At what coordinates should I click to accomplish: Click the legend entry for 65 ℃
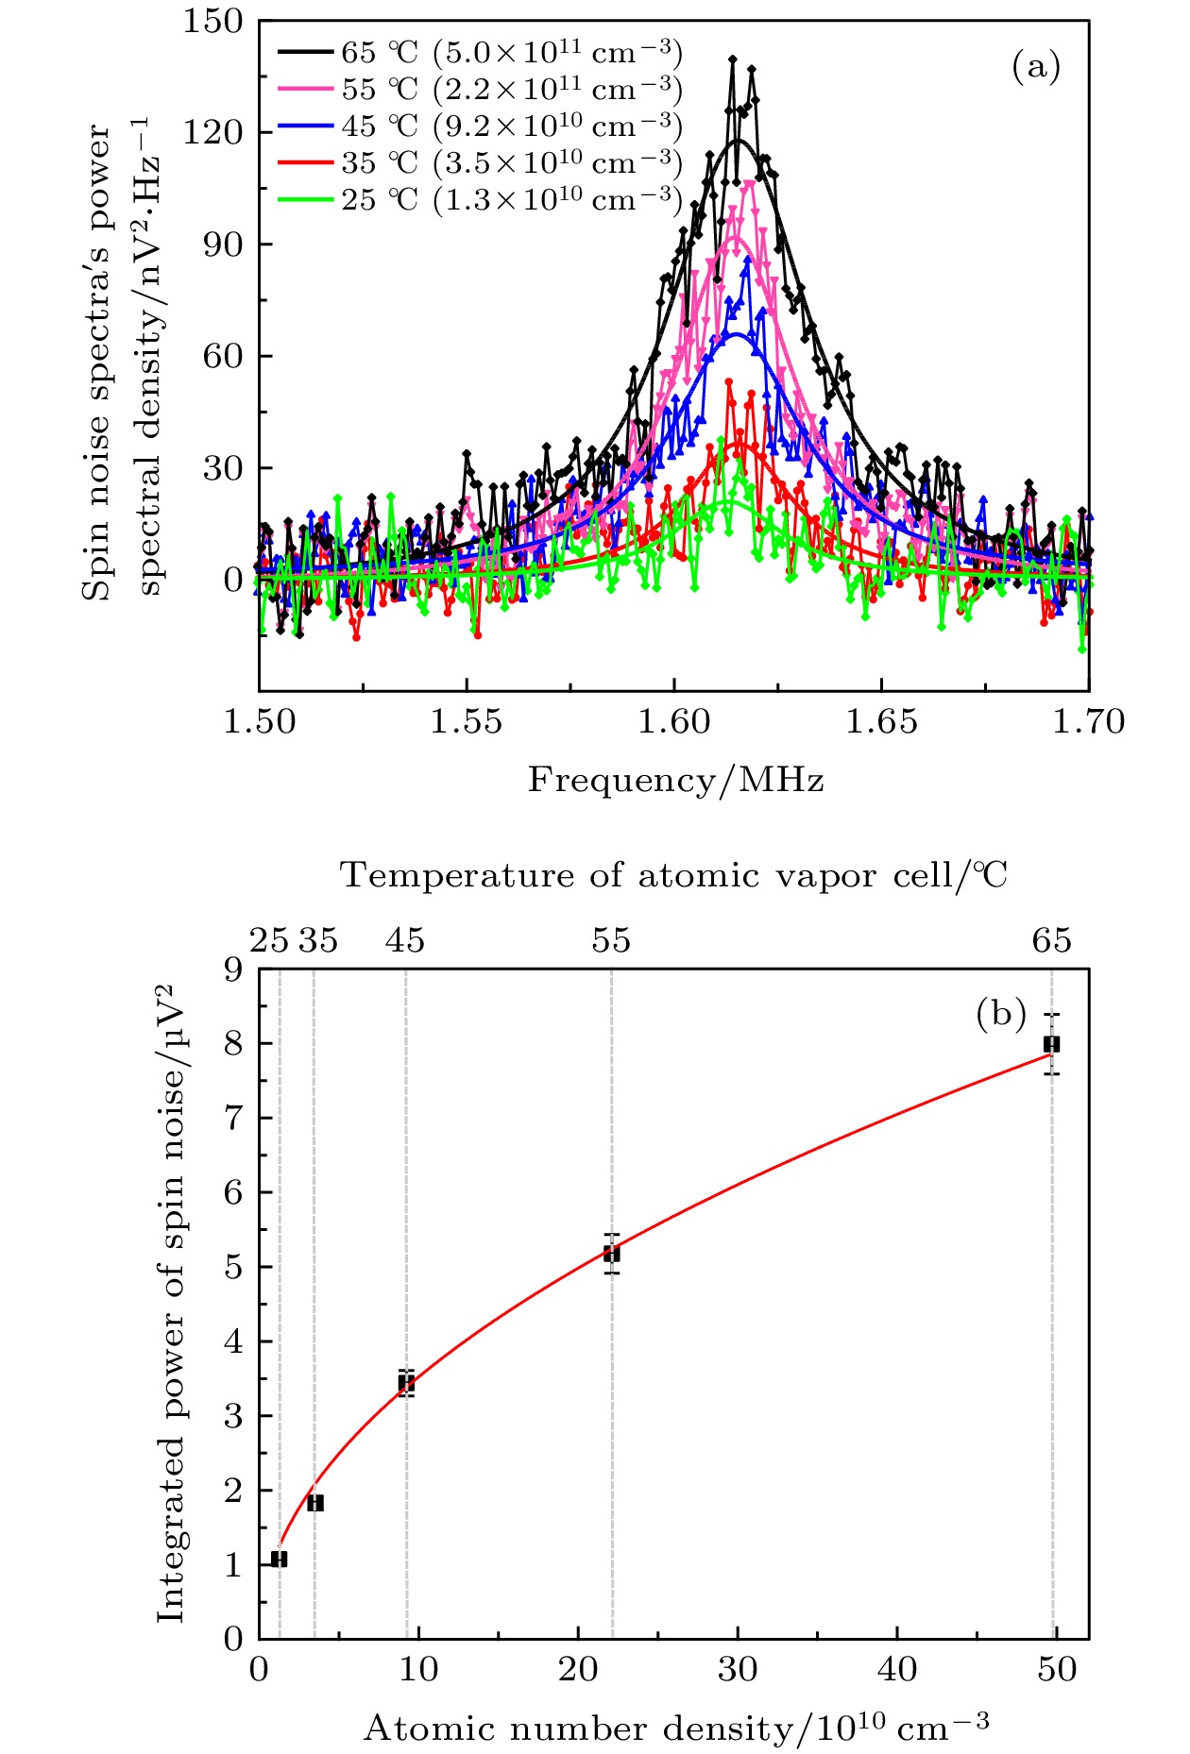click(x=480, y=53)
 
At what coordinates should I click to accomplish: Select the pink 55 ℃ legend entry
click(x=480, y=90)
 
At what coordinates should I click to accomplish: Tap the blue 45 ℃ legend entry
click(x=480, y=126)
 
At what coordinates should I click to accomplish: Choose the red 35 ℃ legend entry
click(x=480, y=163)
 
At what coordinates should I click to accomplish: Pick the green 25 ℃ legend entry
click(x=480, y=200)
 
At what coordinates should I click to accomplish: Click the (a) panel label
click(x=1036, y=67)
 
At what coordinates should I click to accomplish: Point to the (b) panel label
click(x=1000, y=1014)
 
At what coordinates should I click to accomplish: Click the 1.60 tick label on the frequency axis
click(x=673, y=722)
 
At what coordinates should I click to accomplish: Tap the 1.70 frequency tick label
click(x=1089, y=722)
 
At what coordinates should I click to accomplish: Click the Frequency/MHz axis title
click(x=675, y=781)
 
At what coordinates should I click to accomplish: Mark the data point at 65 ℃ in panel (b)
click(x=1051, y=1044)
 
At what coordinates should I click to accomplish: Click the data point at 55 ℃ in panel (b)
click(x=612, y=1254)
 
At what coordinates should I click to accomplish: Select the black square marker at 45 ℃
click(x=406, y=1384)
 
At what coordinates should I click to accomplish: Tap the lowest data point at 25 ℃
click(x=279, y=1559)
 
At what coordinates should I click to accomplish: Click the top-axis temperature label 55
click(x=611, y=941)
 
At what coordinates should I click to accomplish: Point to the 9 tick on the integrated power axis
click(x=233, y=970)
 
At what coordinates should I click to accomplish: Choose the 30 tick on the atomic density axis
click(x=737, y=1670)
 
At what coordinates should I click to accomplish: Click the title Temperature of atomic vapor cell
click(x=673, y=875)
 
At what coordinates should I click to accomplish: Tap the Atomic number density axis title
click(x=676, y=1729)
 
